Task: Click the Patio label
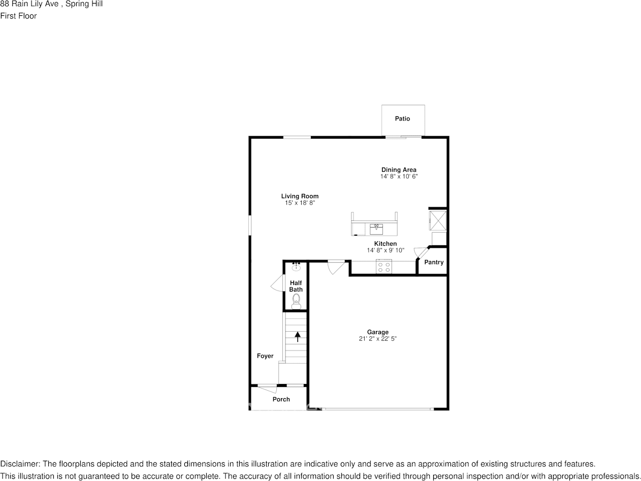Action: point(402,119)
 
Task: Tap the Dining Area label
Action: point(399,170)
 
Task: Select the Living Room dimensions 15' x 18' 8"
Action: point(300,203)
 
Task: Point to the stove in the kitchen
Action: point(384,267)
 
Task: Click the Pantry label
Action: point(434,263)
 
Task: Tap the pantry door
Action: point(421,251)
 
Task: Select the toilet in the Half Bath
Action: point(296,302)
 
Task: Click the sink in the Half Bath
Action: point(296,267)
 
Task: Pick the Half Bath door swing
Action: point(277,283)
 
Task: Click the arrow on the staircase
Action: point(297,336)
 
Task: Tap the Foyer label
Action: point(265,356)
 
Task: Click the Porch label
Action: point(281,399)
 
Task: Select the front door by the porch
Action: point(267,389)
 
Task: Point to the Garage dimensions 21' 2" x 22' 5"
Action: point(377,339)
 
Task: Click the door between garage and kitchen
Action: point(335,267)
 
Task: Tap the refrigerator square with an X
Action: point(438,219)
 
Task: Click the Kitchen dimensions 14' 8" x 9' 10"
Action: point(386,250)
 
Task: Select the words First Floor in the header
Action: point(18,16)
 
